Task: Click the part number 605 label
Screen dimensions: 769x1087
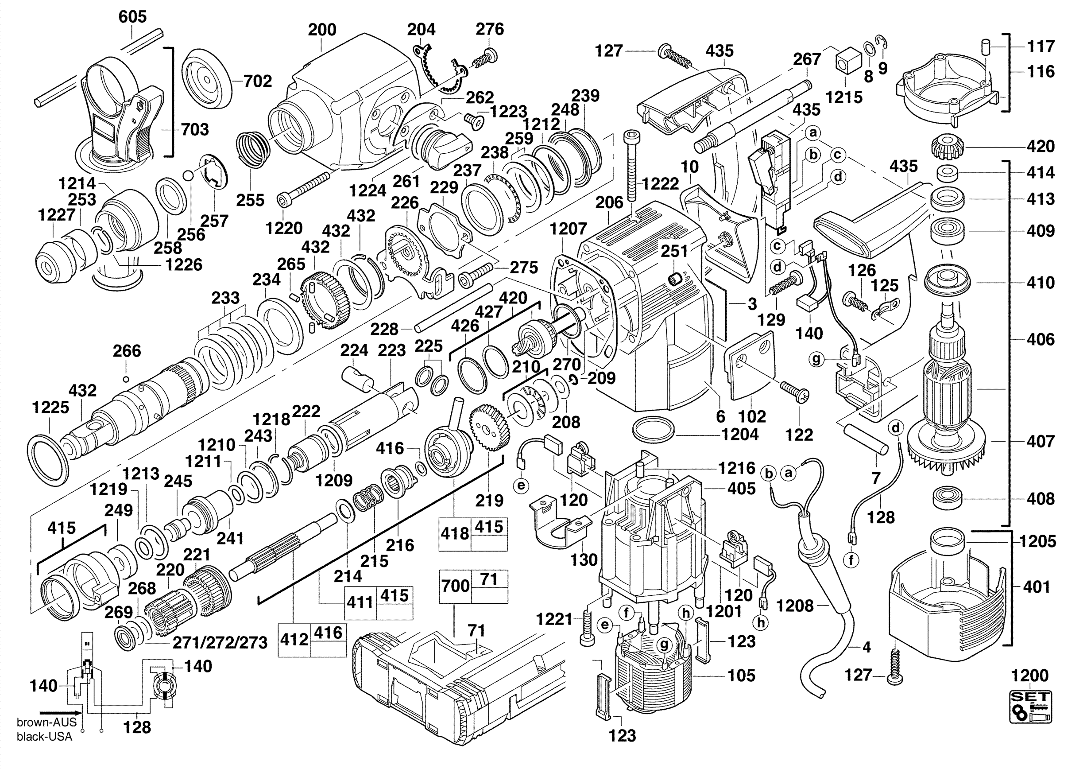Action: click(132, 17)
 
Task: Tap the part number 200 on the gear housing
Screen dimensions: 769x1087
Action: click(322, 30)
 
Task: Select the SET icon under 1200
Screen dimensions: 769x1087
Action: click(1030, 707)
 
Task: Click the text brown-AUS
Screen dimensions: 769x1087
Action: click(46, 722)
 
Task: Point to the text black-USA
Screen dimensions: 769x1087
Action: click(45, 737)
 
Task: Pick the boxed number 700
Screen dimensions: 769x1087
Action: click(455, 586)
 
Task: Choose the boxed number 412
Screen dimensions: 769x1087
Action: click(294, 640)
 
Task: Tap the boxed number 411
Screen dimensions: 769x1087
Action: click(360, 602)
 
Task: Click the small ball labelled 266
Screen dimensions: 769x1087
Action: click(126, 379)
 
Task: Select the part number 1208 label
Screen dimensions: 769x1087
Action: click(794, 606)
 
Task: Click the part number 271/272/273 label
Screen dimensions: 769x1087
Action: click(220, 643)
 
